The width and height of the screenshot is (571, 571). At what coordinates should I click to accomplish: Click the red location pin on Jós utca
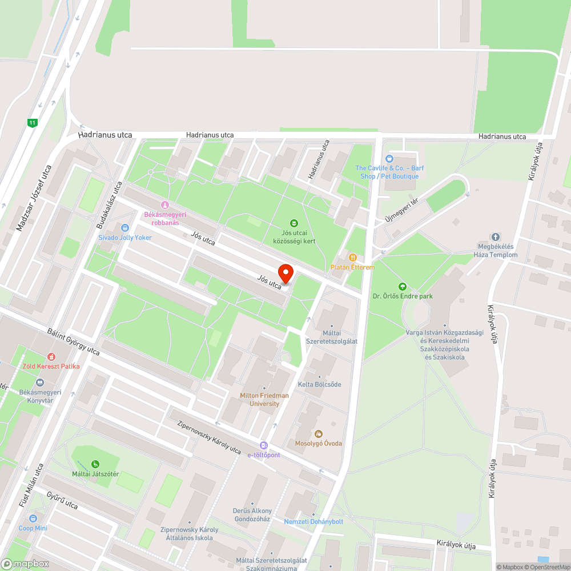pyautogui.click(x=285, y=273)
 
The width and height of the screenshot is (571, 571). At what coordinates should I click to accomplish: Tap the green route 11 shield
pyautogui.click(x=32, y=122)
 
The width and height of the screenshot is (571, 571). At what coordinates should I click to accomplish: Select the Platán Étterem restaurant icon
pyautogui.click(x=353, y=258)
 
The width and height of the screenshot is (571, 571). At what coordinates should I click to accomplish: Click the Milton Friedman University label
pyautogui.click(x=264, y=399)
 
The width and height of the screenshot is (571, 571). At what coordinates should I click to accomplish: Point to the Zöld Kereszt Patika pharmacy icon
pyautogui.click(x=51, y=356)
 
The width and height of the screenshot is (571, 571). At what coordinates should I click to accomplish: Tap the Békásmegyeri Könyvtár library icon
pyautogui.click(x=40, y=383)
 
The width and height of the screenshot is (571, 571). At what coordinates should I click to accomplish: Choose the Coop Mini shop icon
pyautogui.click(x=33, y=518)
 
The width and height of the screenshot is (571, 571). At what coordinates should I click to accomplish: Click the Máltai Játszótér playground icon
pyautogui.click(x=95, y=464)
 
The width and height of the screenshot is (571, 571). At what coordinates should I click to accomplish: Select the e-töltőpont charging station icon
pyautogui.click(x=263, y=445)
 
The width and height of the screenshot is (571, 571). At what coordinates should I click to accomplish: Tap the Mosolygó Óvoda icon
pyautogui.click(x=319, y=434)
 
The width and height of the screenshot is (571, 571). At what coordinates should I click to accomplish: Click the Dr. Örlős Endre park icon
pyautogui.click(x=403, y=286)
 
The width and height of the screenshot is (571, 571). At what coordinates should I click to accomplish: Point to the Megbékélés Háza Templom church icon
pyautogui.click(x=495, y=237)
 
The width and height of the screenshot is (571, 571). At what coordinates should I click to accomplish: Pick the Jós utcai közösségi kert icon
pyautogui.click(x=294, y=223)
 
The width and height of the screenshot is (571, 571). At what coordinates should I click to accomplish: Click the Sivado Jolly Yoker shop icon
pyautogui.click(x=125, y=228)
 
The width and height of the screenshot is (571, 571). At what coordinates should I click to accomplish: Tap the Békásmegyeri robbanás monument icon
pyautogui.click(x=165, y=205)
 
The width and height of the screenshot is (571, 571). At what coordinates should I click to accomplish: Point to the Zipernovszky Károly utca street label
pyautogui.click(x=209, y=437)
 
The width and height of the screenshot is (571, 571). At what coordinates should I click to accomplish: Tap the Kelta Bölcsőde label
pyautogui.click(x=319, y=384)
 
